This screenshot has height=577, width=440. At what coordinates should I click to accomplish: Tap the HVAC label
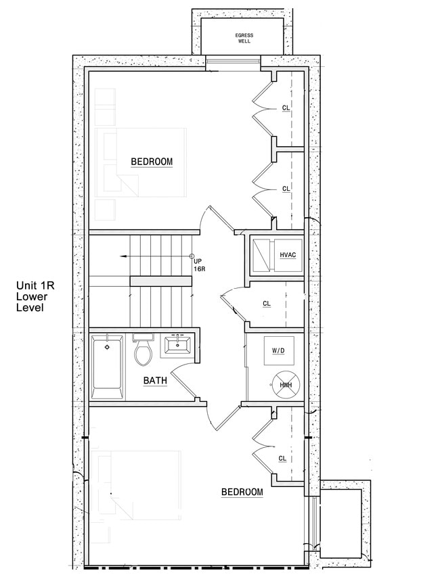tap(288, 255)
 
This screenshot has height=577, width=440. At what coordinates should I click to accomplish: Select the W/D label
tap(278, 351)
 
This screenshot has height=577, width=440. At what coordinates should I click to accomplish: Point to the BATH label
tap(155, 381)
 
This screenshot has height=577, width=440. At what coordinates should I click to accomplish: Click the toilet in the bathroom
tap(143, 352)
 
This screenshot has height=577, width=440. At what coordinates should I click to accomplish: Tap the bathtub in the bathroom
tap(108, 369)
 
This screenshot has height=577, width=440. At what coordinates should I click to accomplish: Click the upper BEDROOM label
tap(152, 162)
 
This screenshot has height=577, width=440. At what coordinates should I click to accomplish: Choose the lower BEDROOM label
tap(242, 492)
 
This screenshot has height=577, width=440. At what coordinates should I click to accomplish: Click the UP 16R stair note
tap(198, 264)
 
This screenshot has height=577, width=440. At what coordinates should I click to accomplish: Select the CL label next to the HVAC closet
tap(267, 304)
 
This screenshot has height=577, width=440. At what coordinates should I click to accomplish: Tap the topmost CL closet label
tap(286, 108)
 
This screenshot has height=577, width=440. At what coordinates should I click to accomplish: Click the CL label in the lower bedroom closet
tap(282, 458)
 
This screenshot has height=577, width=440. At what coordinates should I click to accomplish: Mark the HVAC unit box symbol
tap(263, 255)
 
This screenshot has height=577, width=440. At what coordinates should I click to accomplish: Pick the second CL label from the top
tap(286, 188)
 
